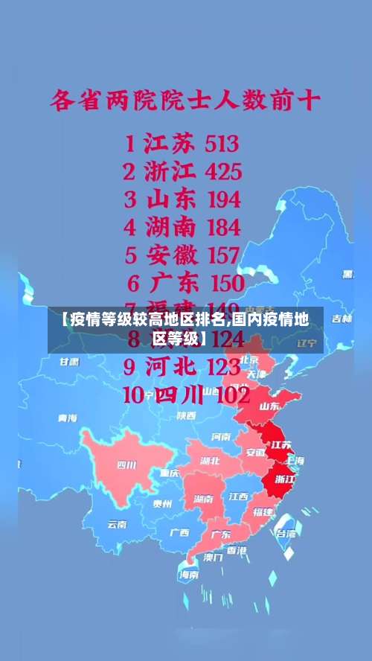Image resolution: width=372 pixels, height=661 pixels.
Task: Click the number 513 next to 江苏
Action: (212, 143)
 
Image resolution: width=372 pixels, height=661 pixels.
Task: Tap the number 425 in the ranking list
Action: (213, 172)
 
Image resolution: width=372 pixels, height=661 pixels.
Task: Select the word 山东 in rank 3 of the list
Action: (171, 199)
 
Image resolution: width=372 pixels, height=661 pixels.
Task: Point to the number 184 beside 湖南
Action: (214, 227)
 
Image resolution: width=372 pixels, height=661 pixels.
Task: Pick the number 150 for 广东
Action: (217, 283)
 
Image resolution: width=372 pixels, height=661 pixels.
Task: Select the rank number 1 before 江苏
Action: (130, 143)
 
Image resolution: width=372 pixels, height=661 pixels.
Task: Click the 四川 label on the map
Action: (126, 466)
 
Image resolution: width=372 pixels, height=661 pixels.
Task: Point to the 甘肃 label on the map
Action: (69, 361)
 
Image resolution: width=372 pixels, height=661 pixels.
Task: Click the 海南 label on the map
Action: (188, 575)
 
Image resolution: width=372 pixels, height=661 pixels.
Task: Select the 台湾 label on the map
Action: (286, 533)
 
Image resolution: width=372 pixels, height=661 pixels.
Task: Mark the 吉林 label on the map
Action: (341, 319)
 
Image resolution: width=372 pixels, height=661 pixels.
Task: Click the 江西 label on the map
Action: (238, 496)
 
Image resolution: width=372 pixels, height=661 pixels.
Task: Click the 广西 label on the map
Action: (179, 532)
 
